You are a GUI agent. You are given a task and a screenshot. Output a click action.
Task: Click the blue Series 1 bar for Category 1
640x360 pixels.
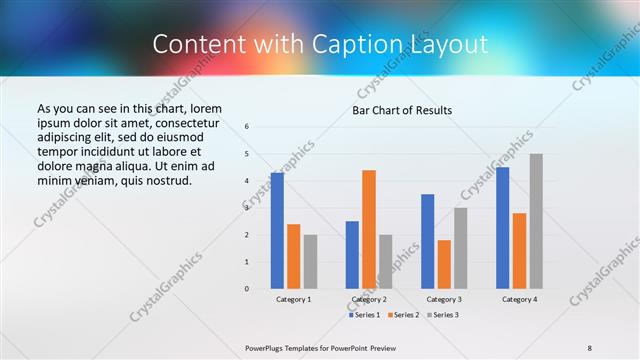[277, 231]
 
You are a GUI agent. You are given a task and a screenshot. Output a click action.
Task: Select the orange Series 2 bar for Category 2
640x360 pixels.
[369, 229]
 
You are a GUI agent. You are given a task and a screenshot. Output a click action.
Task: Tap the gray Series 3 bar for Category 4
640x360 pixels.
[536, 221]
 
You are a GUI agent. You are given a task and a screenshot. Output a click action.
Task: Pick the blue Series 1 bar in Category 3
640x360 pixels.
[428, 241]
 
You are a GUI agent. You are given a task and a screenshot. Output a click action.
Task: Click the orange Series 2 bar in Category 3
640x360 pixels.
[444, 264]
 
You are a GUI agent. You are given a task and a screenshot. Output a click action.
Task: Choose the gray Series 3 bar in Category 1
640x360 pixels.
[310, 262]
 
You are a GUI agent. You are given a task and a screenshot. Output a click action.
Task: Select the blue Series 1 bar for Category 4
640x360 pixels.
[503, 228]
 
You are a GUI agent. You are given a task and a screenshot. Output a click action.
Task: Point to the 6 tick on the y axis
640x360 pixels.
[247, 127]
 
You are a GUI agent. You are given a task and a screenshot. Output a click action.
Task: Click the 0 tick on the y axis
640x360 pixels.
[247, 289]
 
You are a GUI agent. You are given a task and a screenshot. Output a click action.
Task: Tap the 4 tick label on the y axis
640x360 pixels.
[247, 181]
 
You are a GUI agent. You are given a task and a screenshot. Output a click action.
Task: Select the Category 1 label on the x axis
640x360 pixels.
[294, 299]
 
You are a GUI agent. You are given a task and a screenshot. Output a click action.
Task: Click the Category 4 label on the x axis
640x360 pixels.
[519, 299]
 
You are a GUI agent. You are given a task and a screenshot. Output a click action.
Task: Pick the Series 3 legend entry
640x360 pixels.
[443, 315]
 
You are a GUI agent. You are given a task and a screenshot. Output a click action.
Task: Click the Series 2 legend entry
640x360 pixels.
[403, 315]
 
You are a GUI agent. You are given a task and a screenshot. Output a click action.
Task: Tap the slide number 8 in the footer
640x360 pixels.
[589, 347]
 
